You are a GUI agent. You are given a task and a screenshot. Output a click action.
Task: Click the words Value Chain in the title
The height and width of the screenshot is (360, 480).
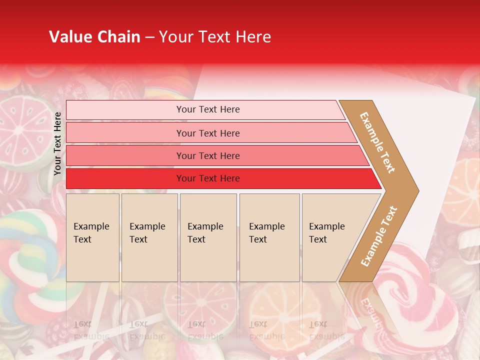click(x=94, y=37)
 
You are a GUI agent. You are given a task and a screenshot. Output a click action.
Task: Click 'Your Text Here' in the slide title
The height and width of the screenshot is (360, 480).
click(x=215, y=37)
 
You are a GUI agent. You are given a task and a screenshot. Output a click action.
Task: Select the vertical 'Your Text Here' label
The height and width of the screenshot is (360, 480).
click(x=57, y=143)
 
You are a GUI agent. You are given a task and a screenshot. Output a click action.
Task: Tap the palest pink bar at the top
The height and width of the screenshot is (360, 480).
click(x=205, y=109)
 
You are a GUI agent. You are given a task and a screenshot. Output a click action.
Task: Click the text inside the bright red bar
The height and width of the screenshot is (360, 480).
click(x=208, y=178)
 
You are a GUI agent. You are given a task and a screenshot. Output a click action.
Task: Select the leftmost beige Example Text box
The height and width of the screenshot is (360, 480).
click(x=92, y=237)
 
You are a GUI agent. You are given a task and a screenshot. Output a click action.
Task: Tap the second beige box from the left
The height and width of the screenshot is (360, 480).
click(x=149, y=237)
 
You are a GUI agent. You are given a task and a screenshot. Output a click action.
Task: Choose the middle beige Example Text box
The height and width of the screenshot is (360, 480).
click(x=208, y=237)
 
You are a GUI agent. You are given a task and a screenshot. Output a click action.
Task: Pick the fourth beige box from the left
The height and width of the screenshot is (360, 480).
click(x=269, y=237)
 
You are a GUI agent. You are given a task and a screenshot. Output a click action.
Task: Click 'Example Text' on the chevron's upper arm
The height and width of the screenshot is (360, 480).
click(x=377, y=142)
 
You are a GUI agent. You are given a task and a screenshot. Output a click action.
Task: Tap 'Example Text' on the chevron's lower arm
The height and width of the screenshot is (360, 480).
click(x=379, y=236)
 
